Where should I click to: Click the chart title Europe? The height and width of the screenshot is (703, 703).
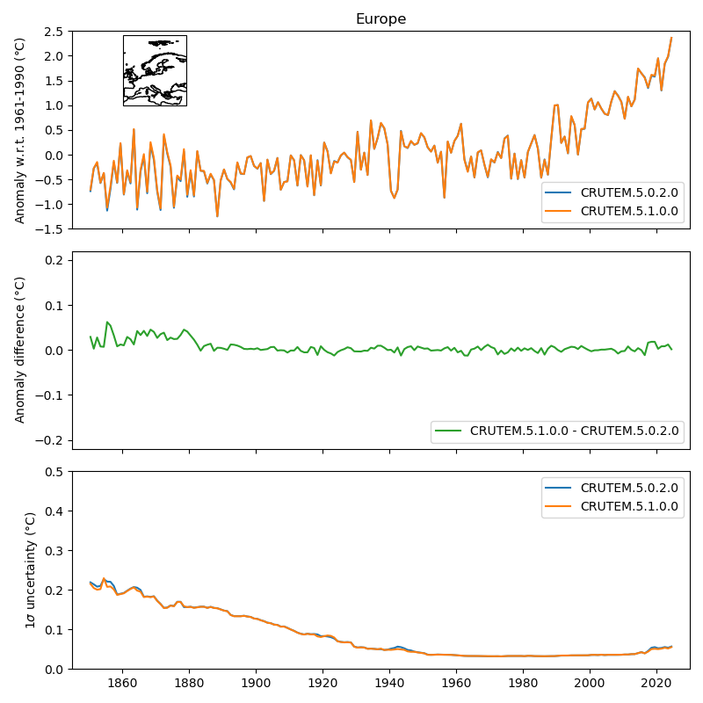pyautogui.click(x=380, y=19)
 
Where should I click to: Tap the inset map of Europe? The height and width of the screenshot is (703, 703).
pyautogui.click(x=155, y=70)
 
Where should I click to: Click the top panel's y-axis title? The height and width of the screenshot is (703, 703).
pyautogui.click(x=20, y=130)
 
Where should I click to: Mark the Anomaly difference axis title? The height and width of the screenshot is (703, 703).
pyautogui.click(x=20, y=350)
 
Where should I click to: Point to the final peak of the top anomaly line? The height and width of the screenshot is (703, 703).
pyautogui.click(x=671, y=38)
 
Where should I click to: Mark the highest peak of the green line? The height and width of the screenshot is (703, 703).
pyautogui.click(x=107, y=322)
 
